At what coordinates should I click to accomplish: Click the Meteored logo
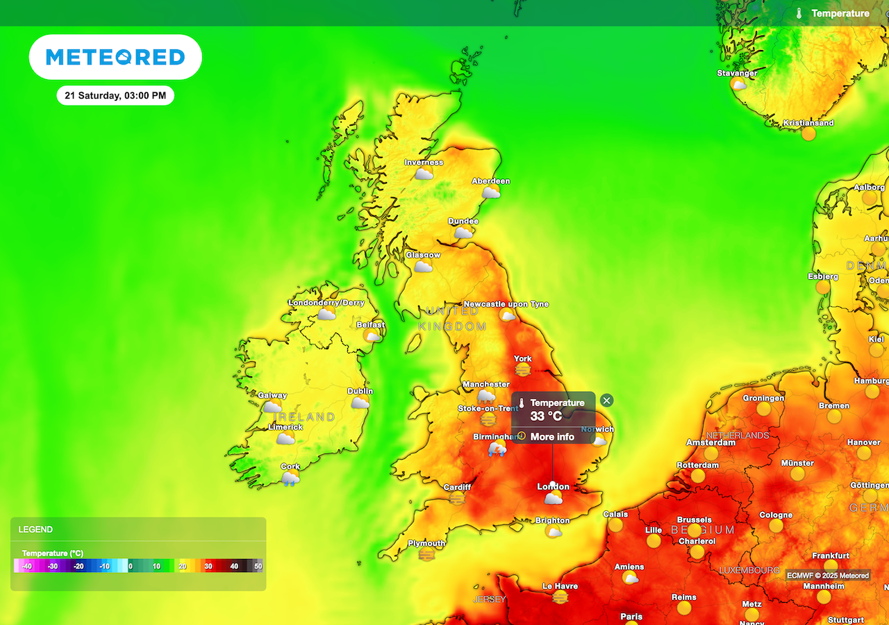click(x=115, y=57)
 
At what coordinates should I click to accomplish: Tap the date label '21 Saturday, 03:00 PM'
click(x=115, y=96)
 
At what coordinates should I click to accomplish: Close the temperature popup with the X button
click(x=607, y=400)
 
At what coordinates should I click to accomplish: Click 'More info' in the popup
click(x=552, y=437)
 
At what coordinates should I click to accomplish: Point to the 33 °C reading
click(x=546, y=417)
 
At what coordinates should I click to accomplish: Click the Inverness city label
click(x=424, y=162)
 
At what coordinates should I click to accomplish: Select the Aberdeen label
click(x=491, y=181)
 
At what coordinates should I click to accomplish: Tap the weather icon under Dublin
click(x=360, y=403)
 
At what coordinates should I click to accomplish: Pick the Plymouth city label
click(x=426, y=543)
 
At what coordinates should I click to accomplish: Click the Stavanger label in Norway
click(x=738, y=73)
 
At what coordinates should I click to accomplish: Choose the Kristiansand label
click(x=808, y=123)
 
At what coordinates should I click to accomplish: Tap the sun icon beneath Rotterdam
click(x=697, y=476)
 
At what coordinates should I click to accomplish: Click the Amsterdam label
click(x=711, y=442)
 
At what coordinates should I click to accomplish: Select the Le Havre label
click(x=560, y=586)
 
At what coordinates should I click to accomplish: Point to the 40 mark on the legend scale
click(x=234, y=567)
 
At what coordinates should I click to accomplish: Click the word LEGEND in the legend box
click(x=35, y=529)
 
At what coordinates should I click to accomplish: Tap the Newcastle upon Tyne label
click(x=506, y=304)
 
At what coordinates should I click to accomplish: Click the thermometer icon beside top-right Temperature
click(x=799, y=13)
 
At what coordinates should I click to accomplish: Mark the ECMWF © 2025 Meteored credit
click(x=827, y=575)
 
